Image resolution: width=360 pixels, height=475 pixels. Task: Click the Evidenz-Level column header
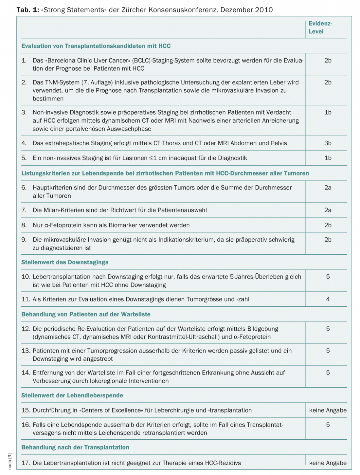click(x=320, y=27)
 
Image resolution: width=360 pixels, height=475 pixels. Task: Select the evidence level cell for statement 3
click(x=328, y=112)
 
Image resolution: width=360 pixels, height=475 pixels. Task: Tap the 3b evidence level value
click(x=328, y=143)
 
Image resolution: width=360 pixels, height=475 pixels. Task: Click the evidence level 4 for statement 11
click(x=328, y=299)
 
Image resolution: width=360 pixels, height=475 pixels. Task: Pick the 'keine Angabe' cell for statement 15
click(x=328, y=410)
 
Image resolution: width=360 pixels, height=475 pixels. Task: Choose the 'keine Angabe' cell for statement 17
click(x=328, y=463)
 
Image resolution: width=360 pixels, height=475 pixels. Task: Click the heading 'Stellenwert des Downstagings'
click(x=65, y=262)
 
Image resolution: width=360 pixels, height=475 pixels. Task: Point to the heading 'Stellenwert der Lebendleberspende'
click(x=72, y=395)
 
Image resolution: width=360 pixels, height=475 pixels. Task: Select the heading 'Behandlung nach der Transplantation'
click(x=75, y=447)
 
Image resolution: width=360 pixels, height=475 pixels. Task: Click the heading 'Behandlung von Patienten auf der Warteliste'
click(x=86, y=314)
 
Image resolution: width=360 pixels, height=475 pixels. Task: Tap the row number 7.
click(x=24, y=210)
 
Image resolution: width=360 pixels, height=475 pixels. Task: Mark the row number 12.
click(x=26, y=329)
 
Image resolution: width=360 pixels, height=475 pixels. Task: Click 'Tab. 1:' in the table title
click(x=28, y=10)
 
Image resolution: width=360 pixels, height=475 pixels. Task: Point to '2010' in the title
click(x=264, y=10)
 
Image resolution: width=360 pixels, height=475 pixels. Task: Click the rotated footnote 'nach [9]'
click(x=10, y=461)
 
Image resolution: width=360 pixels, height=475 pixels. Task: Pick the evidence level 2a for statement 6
click(x=328, y=188)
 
